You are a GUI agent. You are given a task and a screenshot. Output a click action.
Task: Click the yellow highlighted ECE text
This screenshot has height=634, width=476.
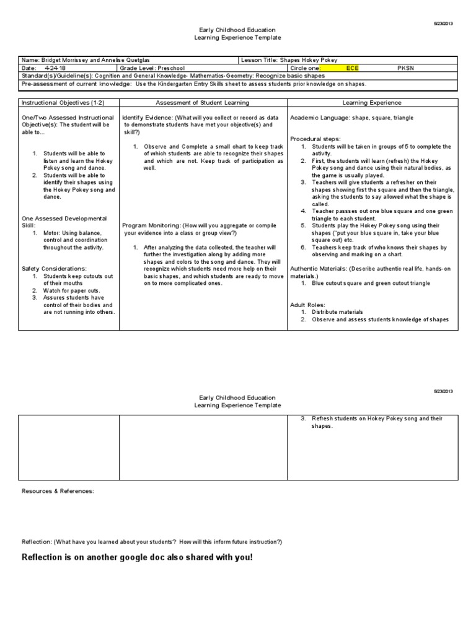click(351, 68)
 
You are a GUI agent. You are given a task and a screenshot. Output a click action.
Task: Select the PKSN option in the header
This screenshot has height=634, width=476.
click(404, 68)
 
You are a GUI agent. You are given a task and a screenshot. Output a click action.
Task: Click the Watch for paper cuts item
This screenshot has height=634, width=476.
click(71, 290)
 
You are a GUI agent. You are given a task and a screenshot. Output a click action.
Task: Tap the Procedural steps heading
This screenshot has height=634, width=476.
click(315, 139)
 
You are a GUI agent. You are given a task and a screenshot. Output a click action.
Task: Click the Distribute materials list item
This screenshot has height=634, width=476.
click(338, 312)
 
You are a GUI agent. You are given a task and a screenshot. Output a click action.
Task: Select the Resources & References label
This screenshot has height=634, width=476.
click(58, 491)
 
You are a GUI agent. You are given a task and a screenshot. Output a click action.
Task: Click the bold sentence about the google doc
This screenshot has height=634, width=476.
click(137, 557)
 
